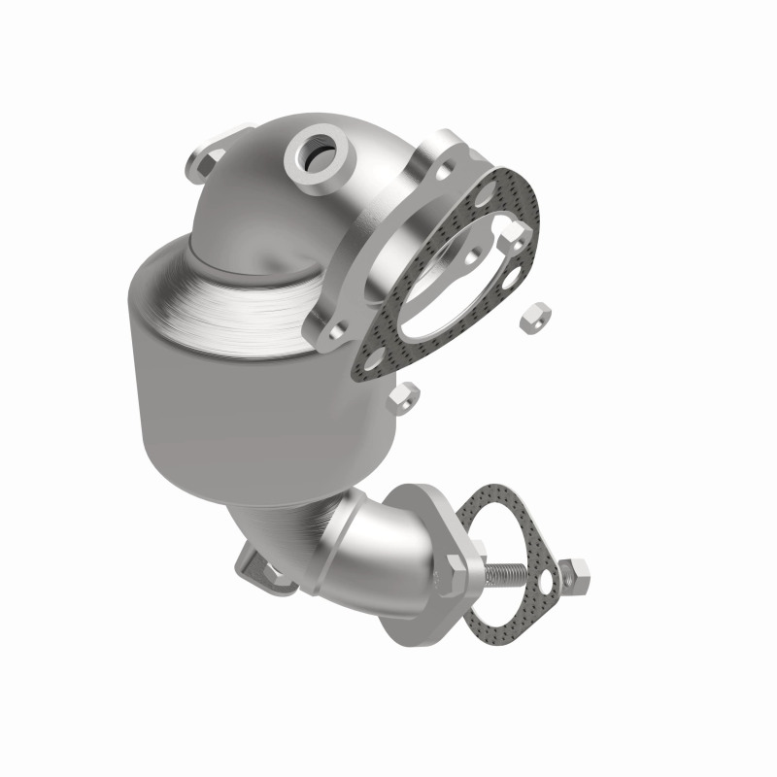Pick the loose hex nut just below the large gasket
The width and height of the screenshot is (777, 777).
click(x=406, y=395)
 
